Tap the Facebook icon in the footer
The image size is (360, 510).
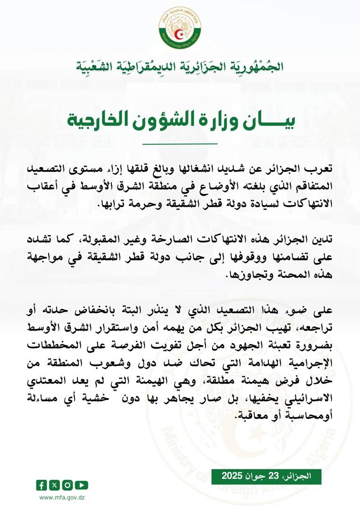[x=42, y=485]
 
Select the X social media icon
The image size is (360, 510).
[x=55, y=485]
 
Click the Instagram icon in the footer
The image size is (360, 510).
[x=68, y=485]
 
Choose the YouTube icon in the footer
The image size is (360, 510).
[x=81, y=485]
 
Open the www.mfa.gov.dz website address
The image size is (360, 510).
[x=62, y=497]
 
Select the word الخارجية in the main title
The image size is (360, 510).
[x=98, y=121]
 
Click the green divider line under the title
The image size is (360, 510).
[x=180, y=143]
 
